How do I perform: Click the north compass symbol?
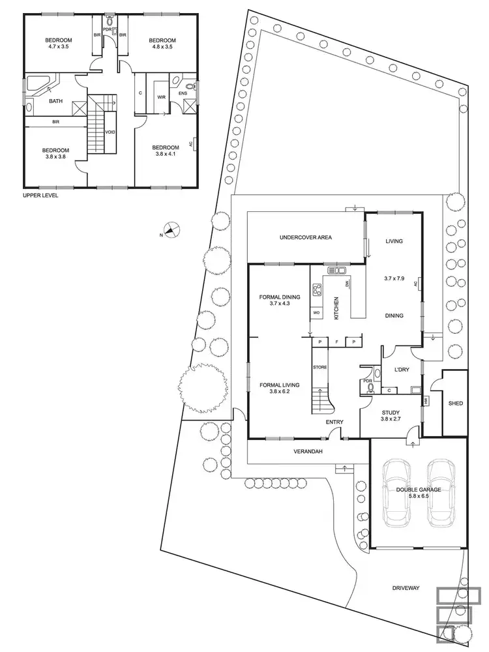[x=171, y=229]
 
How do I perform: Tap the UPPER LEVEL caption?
[x=40, y=194]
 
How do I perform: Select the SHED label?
[x=456, y=404]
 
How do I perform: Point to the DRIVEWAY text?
[x=406, y=588]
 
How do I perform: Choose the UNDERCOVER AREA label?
[x=305, y=237]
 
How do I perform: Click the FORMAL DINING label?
[x=280, y=297]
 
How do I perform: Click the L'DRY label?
[x=400, y=370]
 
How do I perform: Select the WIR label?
[x=160, y=98]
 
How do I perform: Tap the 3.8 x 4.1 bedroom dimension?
[x=164, y=155]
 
